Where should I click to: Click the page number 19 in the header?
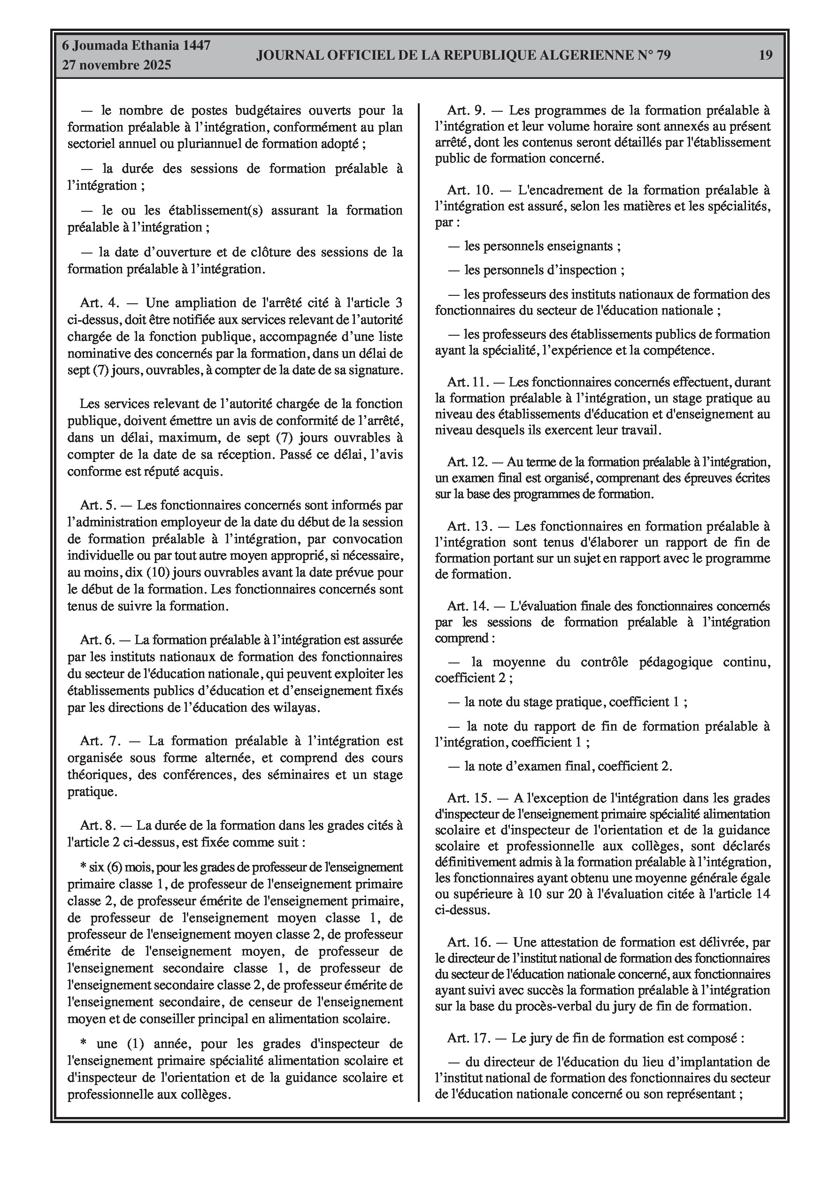pos(766,55)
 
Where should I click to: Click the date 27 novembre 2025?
pos(116,65)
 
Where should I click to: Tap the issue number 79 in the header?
pos(663,55)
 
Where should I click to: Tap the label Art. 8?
pos(98,825)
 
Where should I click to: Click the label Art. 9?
pos(467,110)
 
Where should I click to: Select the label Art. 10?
pos(469,190)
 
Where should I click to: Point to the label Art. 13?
pos(468,526)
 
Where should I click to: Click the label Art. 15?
pos(469,798)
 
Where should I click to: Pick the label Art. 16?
pos(469,942)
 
